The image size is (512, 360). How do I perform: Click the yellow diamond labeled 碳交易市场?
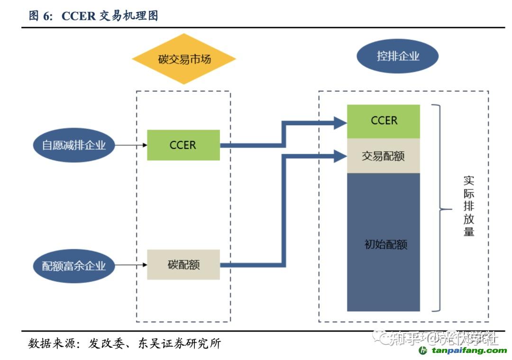click(184, 59)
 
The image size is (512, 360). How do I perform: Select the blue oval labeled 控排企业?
click(397, 56)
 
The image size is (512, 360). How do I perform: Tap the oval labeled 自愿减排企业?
click(74, 145)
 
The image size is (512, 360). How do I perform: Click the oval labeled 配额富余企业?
click(74, 266)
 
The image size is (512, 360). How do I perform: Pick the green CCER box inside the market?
click(183, 145)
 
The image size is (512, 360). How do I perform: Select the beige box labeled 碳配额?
click(183, 265)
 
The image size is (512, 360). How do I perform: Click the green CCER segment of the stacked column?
click(384, 121)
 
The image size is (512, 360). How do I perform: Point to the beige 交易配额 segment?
click(384, 156)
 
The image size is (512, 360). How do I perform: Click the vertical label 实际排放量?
click(468, 207)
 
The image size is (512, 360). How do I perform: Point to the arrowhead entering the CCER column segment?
click(340, 123)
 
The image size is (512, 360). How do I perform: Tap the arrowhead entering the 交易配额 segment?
click(340, 156)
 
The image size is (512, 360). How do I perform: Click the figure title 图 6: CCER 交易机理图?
click(93, 16)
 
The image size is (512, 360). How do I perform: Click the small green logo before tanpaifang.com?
click(423, 351)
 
